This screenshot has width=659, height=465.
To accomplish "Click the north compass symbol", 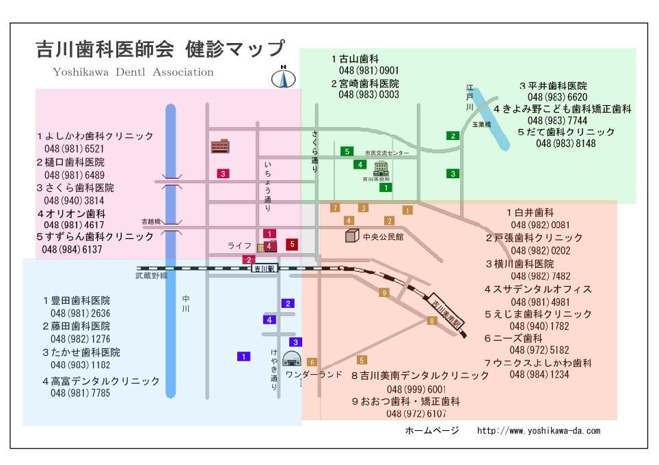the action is click(283, 77).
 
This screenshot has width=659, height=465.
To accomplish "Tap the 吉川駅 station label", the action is click(265, 268).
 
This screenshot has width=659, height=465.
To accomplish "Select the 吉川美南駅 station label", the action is click(447, 313).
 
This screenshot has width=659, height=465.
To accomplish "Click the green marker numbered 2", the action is click(453, 136).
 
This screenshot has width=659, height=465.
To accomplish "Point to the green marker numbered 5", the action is click(347, 152).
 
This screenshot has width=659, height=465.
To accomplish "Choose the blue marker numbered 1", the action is click(244, 356).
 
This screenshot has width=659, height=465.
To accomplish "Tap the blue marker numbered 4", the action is click(269, 320).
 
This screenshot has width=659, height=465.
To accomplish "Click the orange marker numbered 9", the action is click(384, 292).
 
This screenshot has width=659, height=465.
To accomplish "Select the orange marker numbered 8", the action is click(431, 321).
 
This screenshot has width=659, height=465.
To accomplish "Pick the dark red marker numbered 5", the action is click(292, 244).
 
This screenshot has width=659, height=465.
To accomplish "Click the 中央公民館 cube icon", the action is click(352, 236).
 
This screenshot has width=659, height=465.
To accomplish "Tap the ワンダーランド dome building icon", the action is click(292, 359).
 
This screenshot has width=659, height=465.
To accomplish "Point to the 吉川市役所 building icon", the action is click(381, 168).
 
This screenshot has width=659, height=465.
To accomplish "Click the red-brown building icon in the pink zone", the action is click(220, 146).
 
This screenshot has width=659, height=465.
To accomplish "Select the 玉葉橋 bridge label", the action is click(482, 125).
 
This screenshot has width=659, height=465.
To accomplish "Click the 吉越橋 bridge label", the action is click(151, 221).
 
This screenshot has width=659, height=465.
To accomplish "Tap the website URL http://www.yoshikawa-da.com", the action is click(539, 431).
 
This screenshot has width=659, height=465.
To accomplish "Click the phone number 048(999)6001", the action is click(416, 389).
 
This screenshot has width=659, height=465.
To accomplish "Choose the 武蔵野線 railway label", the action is click(151, 276).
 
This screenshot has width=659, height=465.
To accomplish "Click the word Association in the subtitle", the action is click(183, 72).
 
